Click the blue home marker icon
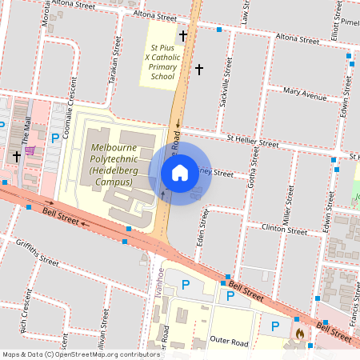180,173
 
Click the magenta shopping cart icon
30,150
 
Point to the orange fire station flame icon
300,333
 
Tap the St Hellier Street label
252,142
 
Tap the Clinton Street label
285,229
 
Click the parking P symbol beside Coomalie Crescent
54,138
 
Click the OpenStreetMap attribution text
81,354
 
